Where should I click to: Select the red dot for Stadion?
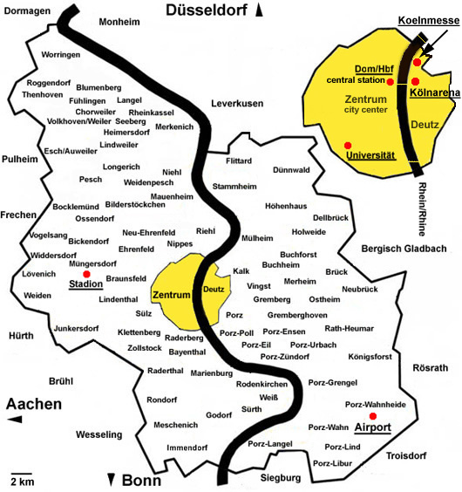coord(86,274)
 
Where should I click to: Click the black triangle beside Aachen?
coord(13,420)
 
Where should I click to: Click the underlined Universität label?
coord(370,155)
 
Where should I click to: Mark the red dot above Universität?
coord(348,144)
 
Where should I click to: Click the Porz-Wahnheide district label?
coord(376,404)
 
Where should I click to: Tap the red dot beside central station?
coord(390,81)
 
